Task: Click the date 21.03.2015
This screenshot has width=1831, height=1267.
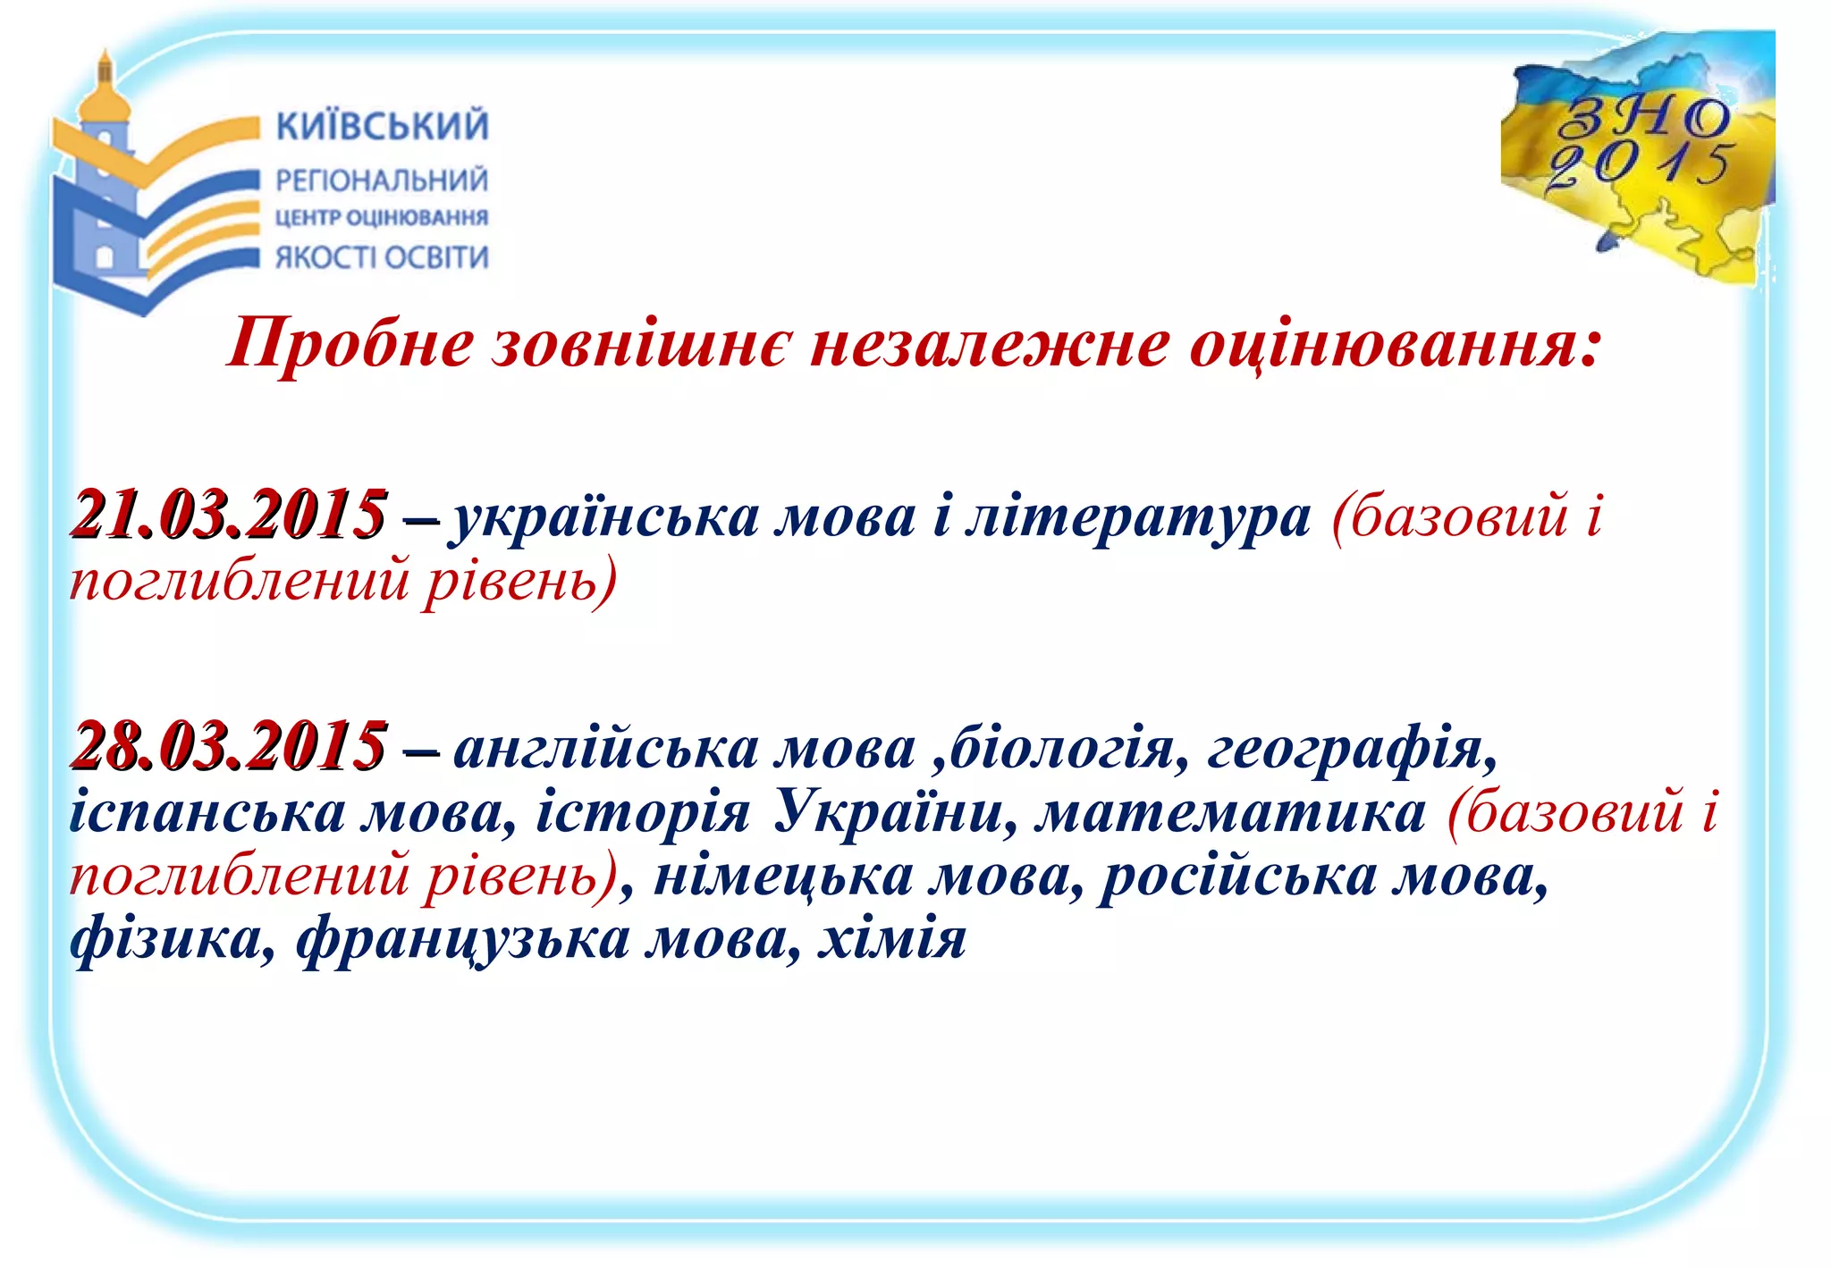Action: pyautogui.click(x=229, y=516)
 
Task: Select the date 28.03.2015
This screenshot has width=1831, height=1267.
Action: pyautogui.click(x=229, y=746)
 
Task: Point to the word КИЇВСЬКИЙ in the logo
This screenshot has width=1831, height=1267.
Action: pyautogui.click(x=383, y=126)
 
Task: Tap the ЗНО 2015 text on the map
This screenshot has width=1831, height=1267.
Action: pyautogui.click(x=1641, y=143)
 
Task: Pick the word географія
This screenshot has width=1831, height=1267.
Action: pyautogui.click(x=1351, y=748)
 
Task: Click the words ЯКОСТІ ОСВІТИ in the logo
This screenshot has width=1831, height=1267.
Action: pyautogui.click(x=382, y=257)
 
